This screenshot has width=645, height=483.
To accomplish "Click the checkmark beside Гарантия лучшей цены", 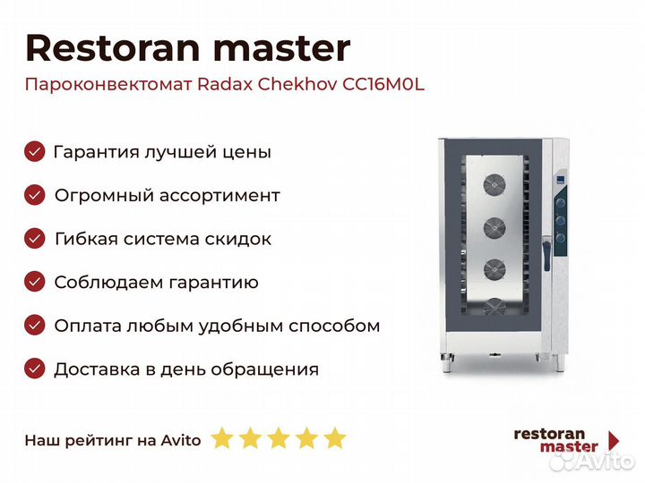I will point(34,151).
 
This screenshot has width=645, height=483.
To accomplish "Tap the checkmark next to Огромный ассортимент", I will point(34,195).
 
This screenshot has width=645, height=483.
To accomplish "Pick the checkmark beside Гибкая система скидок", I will point(34,239).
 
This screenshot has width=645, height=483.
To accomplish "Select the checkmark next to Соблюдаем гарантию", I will point(34,283).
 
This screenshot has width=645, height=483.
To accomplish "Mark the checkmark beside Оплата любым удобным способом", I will point(34,326).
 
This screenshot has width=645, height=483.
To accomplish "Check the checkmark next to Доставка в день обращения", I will point(34,369).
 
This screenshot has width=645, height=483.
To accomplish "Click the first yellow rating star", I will point(222,439).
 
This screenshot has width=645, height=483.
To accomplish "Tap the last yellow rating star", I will point(334,439).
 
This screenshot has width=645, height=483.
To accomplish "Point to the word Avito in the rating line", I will point(182,440).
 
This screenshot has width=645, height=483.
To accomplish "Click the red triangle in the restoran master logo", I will point(614,439).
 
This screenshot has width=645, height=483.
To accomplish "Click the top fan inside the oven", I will point(494,185).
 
